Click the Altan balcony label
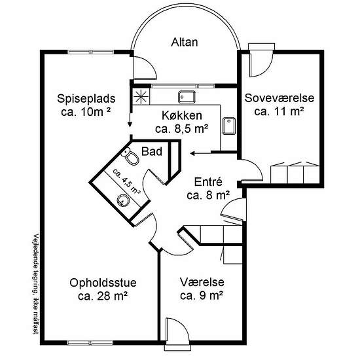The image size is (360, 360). [185, 43]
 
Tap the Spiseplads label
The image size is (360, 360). [86, 99]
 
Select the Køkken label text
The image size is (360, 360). [182, 115]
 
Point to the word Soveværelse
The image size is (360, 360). [279, 98]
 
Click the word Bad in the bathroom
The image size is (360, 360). [152, 152]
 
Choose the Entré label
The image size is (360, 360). [208, 182]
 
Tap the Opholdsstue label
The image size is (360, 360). [103, 283]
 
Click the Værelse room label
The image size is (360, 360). [202, 282]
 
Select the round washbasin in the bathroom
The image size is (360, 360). [123, 200]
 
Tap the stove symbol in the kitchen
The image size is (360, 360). [141, 97]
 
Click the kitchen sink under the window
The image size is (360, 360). [187, 97]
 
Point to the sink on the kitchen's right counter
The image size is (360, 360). [229, 126]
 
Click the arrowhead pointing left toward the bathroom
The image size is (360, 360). [192, 153]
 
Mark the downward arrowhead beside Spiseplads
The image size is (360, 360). [130, 124]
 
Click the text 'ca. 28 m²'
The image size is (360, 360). [103, 296]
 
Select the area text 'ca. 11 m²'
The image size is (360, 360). [279, 111]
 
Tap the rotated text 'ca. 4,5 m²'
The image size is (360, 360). [126, 181]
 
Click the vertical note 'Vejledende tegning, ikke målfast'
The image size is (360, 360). [35, 284]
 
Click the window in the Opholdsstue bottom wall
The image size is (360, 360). [91, 343]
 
